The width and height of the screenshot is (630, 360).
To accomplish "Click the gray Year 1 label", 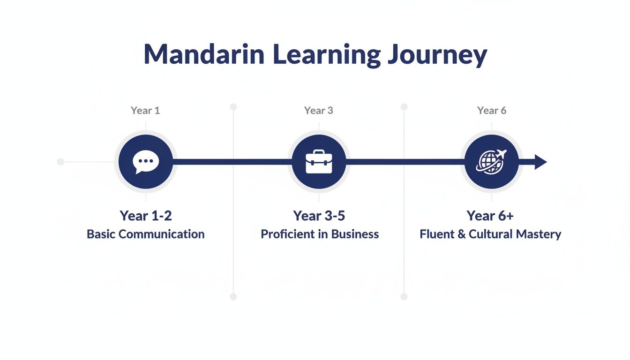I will pos(145,111).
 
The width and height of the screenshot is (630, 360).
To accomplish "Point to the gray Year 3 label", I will pos(319,111).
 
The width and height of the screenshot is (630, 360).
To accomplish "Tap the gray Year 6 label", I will pos(491,111).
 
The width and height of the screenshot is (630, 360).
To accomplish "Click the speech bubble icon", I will pos(145,162).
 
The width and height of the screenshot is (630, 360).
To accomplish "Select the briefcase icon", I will pos(319,162).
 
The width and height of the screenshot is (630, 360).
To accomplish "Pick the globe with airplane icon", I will pos(491,162).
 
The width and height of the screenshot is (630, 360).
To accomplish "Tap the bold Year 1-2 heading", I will pos(145,216).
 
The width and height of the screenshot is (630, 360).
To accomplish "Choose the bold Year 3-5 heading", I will pos(319,216).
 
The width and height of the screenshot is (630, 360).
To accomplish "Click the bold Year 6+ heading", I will pos(490,216).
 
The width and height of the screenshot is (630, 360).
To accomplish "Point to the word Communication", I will pos(165,234).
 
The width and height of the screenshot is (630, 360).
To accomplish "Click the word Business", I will pos(355,234).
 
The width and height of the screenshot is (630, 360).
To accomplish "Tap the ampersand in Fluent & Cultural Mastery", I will pos(461,234).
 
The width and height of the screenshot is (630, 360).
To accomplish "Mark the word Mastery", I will pos(540,234).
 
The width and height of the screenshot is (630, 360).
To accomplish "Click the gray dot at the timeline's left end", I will pos(60,162).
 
